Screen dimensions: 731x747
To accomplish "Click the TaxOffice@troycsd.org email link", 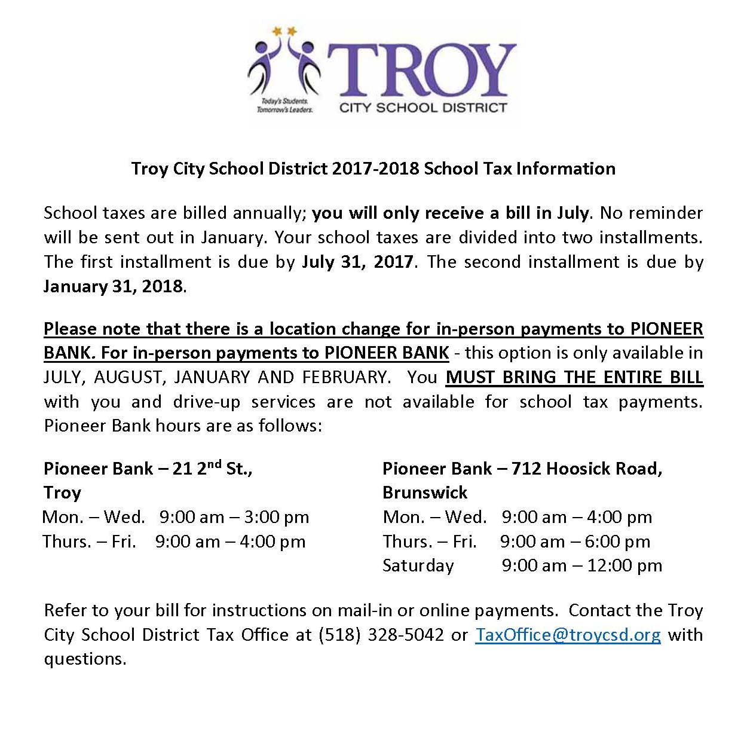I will [x=568, y=634].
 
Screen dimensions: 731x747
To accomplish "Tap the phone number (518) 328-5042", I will [x=381, y=634].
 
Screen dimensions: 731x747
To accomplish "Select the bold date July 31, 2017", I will [x=357, y=262].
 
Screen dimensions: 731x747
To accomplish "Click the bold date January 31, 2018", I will [x=113, y=286].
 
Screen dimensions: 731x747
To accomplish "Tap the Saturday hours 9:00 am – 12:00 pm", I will [x=581, y=565].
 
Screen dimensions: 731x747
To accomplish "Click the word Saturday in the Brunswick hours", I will [x=418, y=565].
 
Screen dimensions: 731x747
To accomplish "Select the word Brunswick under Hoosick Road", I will [x=425, y=493].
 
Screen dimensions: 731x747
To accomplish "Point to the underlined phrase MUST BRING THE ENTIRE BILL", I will [x=574, y=378].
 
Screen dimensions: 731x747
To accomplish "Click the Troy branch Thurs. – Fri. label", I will [x=89, y=542].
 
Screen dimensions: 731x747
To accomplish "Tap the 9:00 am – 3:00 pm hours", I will [x=234, y=517].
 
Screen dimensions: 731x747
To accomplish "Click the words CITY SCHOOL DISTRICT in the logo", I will [x=423, y=108].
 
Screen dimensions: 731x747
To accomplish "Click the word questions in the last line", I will [x=85, y=659].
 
